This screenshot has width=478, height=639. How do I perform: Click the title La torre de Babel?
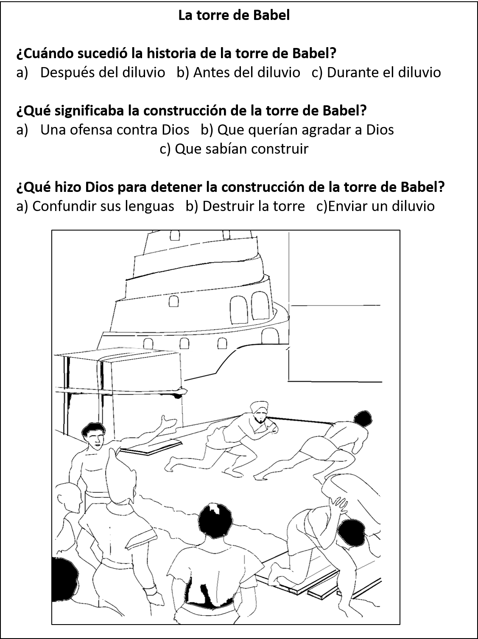tap(234, 15)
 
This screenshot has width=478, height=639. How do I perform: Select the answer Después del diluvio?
tap(102, 73)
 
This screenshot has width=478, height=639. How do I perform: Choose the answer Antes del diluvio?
tap(246, 73)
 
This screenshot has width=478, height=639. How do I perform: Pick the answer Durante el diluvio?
tap(383, 73)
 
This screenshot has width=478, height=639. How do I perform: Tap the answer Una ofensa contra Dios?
tap(115, 130)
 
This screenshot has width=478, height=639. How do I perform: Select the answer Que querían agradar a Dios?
tap(305, 130)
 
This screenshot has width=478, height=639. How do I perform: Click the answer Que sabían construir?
tap(241, 149)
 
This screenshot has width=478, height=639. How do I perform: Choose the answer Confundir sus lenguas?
tap(103, 206)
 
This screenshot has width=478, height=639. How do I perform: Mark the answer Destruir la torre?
tap(253, 206)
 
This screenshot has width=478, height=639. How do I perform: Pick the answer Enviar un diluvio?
tap(381, 206)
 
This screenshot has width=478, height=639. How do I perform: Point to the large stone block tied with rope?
tap(119, 372)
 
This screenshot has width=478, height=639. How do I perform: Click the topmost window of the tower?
tap(173, 235)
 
